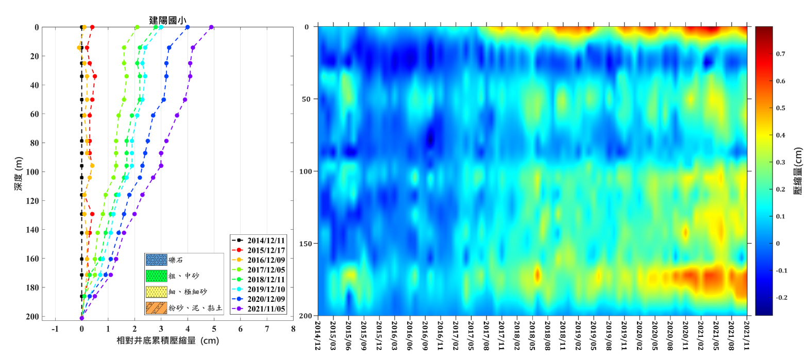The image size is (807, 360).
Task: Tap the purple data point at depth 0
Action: coord(211,27)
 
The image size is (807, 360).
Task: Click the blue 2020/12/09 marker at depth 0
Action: coord(188,27)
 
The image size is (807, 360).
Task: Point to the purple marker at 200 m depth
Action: coord(82,318)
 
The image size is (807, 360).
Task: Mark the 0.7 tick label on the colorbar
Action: coord(766,54)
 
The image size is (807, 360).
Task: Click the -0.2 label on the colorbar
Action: coord(768,297)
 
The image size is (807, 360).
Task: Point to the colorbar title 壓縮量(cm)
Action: coord(797,168)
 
